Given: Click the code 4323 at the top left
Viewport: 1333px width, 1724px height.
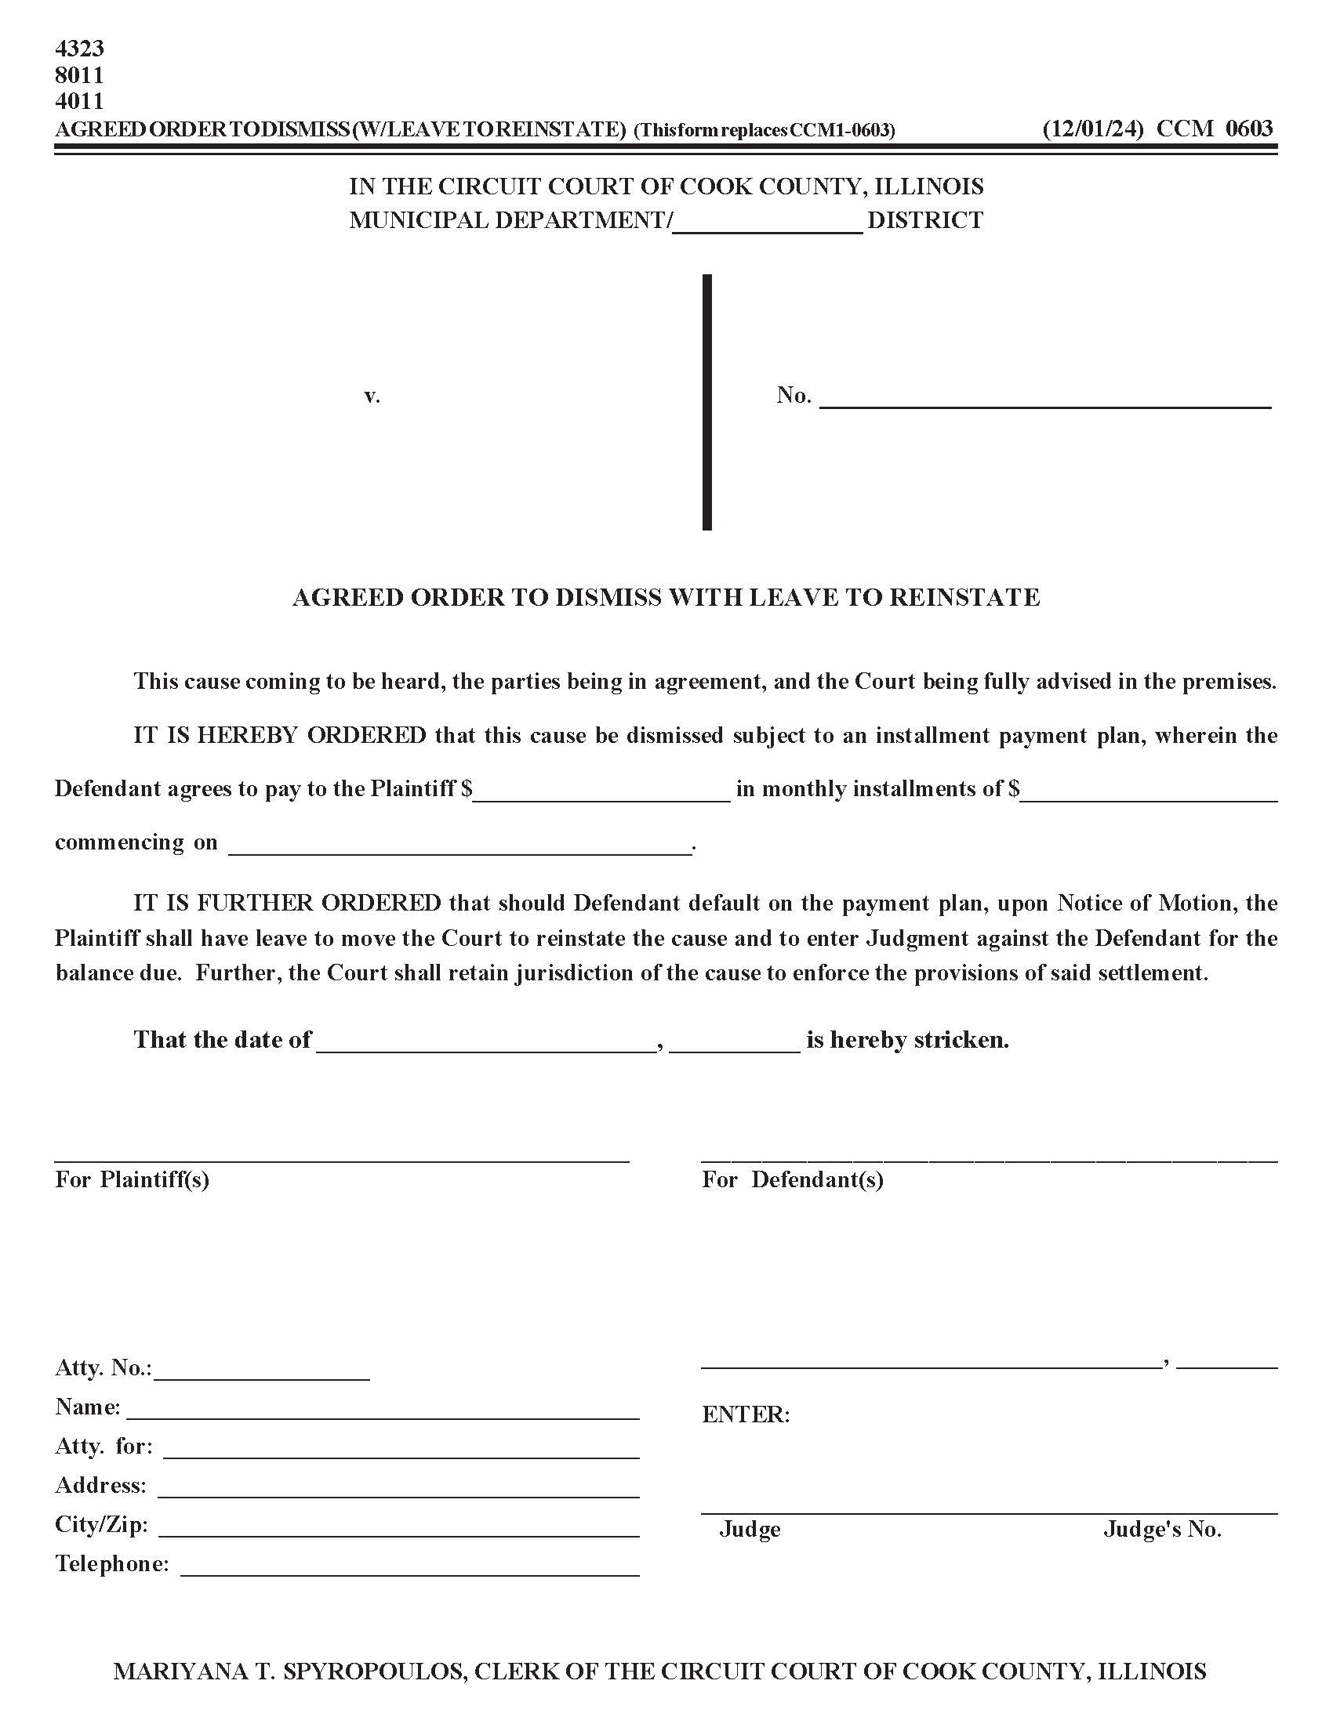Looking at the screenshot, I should click(x=79, y=49).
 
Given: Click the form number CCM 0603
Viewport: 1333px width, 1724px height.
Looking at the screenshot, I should click(x=1215, y=129).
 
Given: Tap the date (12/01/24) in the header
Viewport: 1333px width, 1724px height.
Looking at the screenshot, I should click(x=1092, y=129).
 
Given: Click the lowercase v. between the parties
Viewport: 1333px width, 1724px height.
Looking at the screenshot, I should click(x=372, y=397).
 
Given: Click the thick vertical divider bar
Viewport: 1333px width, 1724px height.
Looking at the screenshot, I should click(x=706, y=403).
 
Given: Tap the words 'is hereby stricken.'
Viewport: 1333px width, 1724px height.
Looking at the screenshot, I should click(x=907, y=1040).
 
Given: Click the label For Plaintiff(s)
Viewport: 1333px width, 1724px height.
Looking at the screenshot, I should click(x=132, y=1179).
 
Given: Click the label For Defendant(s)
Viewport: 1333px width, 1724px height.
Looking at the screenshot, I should click(x=792, y=1179).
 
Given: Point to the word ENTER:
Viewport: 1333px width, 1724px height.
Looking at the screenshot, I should click(x=746, y=1414).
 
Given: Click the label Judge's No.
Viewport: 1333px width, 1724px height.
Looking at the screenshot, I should click(x=1161, y=1530).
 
